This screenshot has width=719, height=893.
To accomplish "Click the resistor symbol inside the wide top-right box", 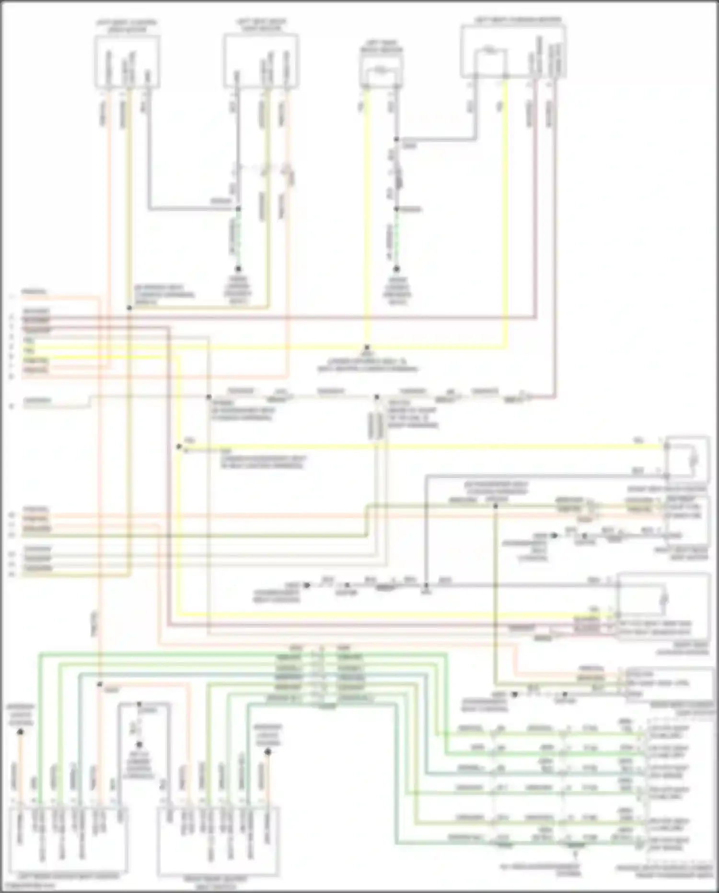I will [x=489, y=50].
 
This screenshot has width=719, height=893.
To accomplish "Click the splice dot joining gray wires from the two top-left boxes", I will [x=238, y=209].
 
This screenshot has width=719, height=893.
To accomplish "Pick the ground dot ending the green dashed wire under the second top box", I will [x=238, y=269].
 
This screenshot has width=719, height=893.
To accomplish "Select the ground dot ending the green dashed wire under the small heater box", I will [x=396, y=269].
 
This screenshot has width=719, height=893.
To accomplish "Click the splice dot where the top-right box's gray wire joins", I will [x=396, y=140].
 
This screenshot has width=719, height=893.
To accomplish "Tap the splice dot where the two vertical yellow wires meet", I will [x=367, y=347].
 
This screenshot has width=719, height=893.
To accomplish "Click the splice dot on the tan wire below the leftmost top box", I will [x=129, y=308].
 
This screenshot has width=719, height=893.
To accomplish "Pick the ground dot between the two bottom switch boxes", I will [x=139, y=745].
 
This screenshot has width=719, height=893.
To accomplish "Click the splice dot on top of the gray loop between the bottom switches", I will [x=139, y=704].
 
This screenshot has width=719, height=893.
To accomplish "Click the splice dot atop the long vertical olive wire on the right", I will [x=496, y=506].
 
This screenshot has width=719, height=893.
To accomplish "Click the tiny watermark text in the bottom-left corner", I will [x=29, y=886].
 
